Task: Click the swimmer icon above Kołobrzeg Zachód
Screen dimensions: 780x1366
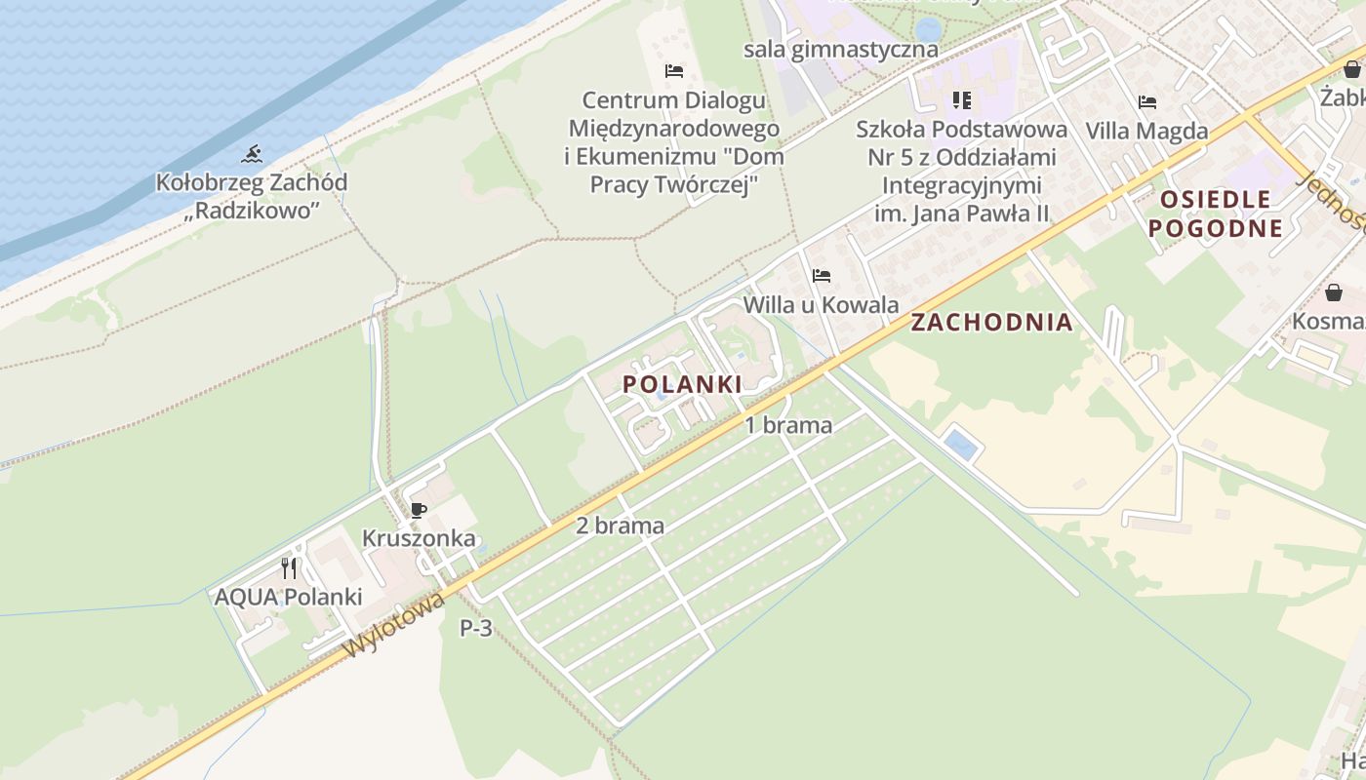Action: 252,154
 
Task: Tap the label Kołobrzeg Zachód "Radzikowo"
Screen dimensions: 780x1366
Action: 252,195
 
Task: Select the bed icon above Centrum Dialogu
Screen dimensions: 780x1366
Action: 673,71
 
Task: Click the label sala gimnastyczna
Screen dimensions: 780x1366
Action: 840,49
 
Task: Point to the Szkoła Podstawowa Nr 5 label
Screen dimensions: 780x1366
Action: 961,171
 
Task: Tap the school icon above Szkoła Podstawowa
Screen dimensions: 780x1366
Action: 962,99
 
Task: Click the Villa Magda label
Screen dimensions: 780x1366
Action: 1146,131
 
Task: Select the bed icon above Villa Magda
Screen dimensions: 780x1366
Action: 1147,101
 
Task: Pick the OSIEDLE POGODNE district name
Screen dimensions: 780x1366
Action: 1215,214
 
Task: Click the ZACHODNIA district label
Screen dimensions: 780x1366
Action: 991,323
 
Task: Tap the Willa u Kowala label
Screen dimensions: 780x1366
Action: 821,305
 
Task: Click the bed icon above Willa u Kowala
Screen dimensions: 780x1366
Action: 821,276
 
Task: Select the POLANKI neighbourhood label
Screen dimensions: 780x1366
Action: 682,384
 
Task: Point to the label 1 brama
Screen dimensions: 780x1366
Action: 788,425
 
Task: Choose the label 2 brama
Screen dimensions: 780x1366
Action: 620,526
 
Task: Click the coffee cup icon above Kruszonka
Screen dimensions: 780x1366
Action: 419,510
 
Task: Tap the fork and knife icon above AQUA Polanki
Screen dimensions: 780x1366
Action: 289,567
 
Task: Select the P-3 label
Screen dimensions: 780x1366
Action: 476,629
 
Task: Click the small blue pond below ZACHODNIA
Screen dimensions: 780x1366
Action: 960,446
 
